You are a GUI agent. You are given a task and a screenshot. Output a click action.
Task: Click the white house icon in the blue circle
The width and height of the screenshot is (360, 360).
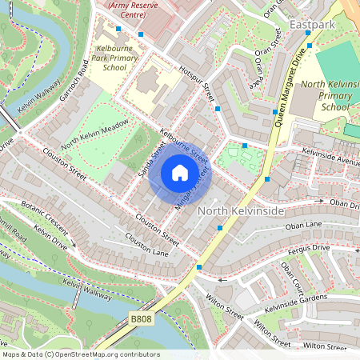pos(180,173)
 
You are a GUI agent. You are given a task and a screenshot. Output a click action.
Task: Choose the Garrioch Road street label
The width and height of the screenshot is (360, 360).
pos(73,86)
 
